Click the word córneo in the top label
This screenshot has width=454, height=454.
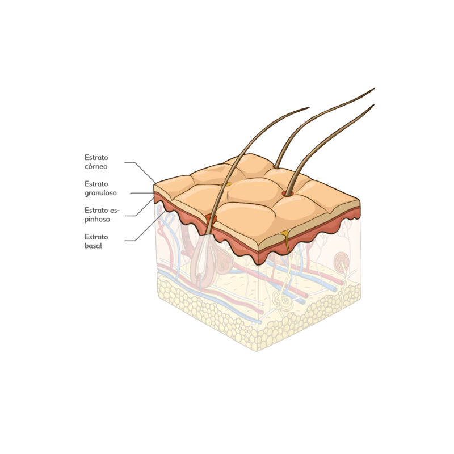tap(96, 166)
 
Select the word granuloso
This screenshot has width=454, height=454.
tap(100, 193)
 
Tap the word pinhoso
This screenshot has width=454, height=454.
tap(97, 220)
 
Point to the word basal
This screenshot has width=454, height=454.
tap(93, 246)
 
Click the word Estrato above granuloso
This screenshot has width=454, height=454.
tap(96, 184)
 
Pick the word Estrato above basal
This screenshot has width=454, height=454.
tap(96, 237)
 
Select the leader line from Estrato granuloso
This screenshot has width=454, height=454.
tap(142, 193)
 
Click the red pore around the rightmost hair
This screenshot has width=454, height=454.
tap(288, 193)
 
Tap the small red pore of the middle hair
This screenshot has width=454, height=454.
tap(275, 167)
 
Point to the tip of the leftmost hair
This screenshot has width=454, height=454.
tap(309, 108)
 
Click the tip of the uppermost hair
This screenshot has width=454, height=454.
tap(374, 89)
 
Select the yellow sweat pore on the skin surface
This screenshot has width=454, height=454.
tap(229, 184)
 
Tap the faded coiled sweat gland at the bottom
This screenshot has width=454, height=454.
tap(281, 302)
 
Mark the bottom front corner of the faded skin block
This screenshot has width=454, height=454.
tap(257, 351)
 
